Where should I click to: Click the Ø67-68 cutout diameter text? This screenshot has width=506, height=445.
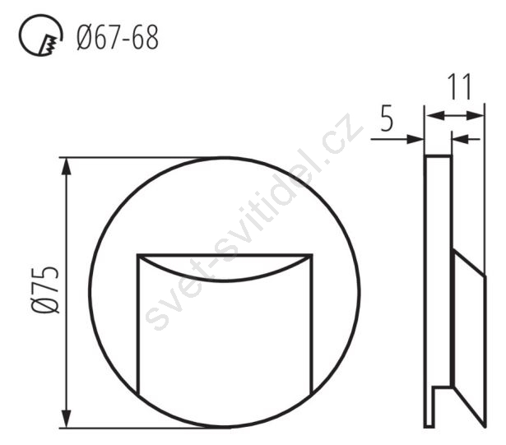[118, 38]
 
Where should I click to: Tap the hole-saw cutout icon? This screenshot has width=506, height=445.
[40, 35]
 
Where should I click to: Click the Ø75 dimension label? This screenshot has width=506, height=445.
[45, 290]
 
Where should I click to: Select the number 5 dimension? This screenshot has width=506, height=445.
[388, 118]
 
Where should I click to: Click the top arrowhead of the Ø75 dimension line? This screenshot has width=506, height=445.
[67, 166]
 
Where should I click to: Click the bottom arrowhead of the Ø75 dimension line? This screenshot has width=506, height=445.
[67, 419]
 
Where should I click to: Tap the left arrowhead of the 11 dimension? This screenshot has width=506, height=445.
[434, 115]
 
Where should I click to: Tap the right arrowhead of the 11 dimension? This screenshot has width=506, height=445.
[476, 115]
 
